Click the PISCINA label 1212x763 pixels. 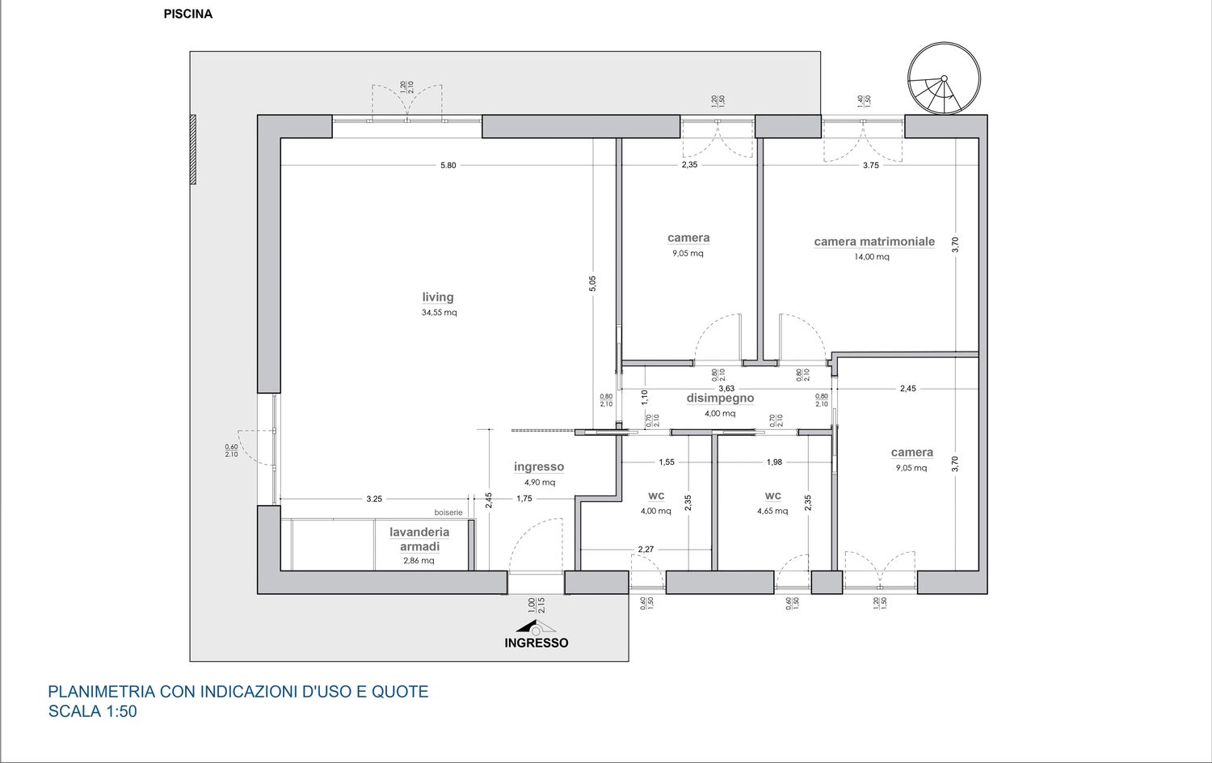pyautogui.click(x=187, y=14)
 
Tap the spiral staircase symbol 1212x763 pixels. pyautogui.click(x=945, y=78)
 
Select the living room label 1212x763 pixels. pyautogui.click(x=438, y=297)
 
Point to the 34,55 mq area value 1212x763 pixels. pyautogui.click(x=440, y=312)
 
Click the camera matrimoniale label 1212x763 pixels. pyautogui.click(x=874, y=242)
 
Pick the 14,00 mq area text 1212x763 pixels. pyautogui.click(x=872, y=256)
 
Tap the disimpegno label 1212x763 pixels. pyautogui.click(x=720, y=398)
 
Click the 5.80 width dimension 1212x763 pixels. pyautogui.click(x=448, y=165)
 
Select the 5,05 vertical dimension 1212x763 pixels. pyautogui.click(x=592, y=284)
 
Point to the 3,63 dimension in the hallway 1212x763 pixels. pyautogui.click(x=726, y=388)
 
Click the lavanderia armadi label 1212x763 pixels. pyautogui.click(x=419, y=539)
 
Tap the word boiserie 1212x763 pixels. pyautogui.click(x=448, y=512)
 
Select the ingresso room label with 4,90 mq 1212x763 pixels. pyautogui.click(x=539, y=466)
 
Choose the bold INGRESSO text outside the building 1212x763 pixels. pyautogui.click(x=537, y=643)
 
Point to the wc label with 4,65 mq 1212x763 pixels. pyautogui.click(x=773, y=495)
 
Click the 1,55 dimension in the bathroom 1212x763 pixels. pyautogui.click(x=667, y=462)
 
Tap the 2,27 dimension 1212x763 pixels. pyautogui.click(x=646, y=550)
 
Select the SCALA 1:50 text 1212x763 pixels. pyautogui.click(x=93, y=711)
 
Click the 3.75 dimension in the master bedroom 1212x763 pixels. pyautogui.click(x=871, y=166)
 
